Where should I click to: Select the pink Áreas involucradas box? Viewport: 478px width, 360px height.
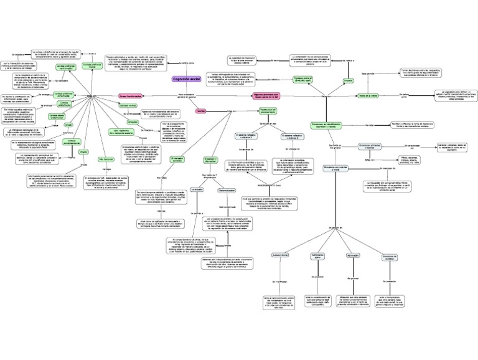(131, 96)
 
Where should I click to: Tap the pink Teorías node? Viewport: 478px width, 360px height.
(200, 110)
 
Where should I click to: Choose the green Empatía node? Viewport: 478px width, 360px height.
(349, 80)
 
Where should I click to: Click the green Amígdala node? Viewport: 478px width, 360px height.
(133, 122)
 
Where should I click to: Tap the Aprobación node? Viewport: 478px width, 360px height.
(353, 255)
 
